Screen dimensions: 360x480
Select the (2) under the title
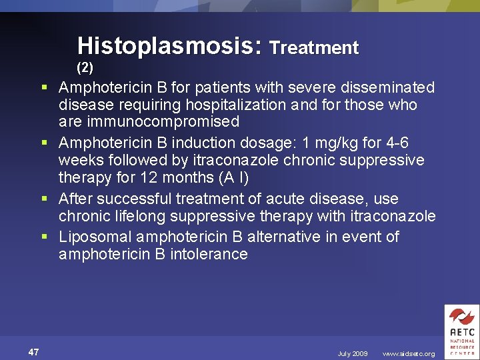click(x=85, y=67)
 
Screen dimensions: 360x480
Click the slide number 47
click(x=34, y=352)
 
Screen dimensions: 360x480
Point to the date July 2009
click(x=352, y=354)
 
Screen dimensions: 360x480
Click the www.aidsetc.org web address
click(x=408, y=354)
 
